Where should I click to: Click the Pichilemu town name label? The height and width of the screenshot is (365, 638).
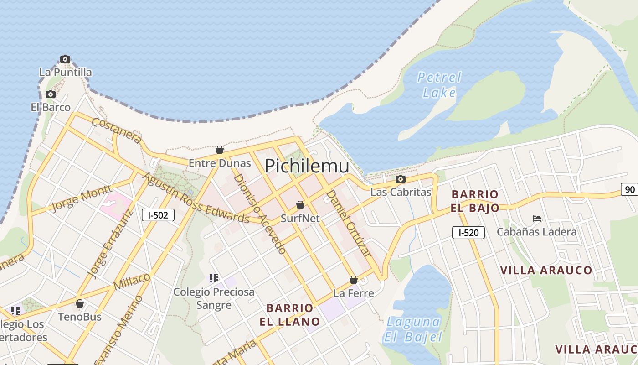307,166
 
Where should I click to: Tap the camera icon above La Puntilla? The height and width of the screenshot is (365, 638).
65,59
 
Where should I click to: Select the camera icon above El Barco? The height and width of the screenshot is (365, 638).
51,94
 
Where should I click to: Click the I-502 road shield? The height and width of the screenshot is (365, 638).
158,215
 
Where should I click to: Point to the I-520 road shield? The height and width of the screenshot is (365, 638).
468,233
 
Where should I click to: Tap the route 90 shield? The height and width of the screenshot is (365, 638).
630,189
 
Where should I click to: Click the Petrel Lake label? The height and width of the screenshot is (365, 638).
439,85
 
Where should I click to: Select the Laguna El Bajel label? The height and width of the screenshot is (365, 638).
413,329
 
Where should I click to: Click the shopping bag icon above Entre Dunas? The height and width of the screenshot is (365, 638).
220,150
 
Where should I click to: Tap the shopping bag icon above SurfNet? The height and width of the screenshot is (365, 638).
300,205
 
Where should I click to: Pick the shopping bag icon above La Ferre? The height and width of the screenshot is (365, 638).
354,280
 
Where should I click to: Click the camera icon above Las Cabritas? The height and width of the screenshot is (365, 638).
401,179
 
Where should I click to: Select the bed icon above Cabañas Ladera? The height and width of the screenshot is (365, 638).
537,219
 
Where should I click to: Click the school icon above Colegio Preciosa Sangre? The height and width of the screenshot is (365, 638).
214,278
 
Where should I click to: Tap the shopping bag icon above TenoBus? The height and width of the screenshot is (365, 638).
80,303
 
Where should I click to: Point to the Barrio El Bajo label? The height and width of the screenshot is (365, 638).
475,201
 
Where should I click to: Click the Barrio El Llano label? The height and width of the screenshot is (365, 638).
290,314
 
